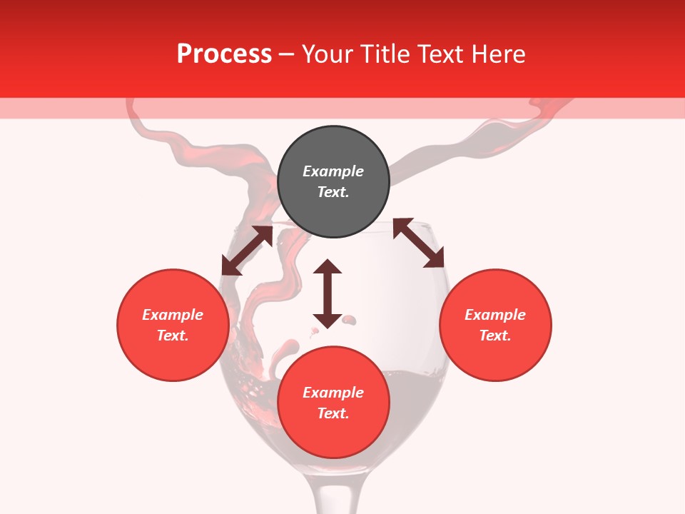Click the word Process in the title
click(x=224, y=54)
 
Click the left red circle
click(x=173, y=325)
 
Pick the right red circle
click(x=495, y=325)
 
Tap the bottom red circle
click(x=333, y=403)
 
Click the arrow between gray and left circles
click(x=247, y=251)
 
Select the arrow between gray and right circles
click(x=419, y=243)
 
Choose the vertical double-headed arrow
click(x=328, y=293)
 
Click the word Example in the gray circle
click(x=333, y=171)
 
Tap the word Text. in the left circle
click(x=173, y=336)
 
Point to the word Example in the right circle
click(x=495, y=315)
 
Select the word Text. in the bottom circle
click(x=333, y=413)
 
